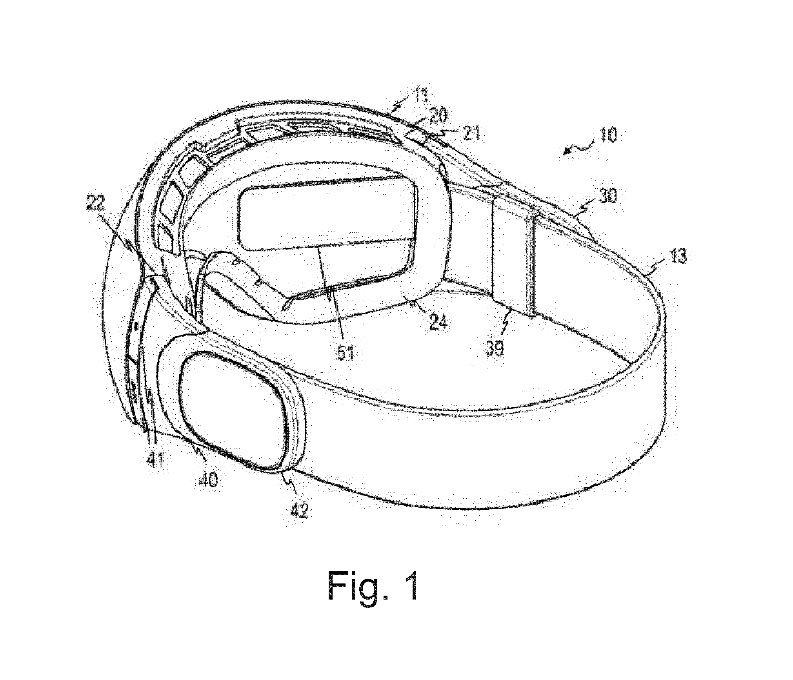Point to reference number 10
point(606,135)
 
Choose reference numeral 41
point(155,458)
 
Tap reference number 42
point(299,511)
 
